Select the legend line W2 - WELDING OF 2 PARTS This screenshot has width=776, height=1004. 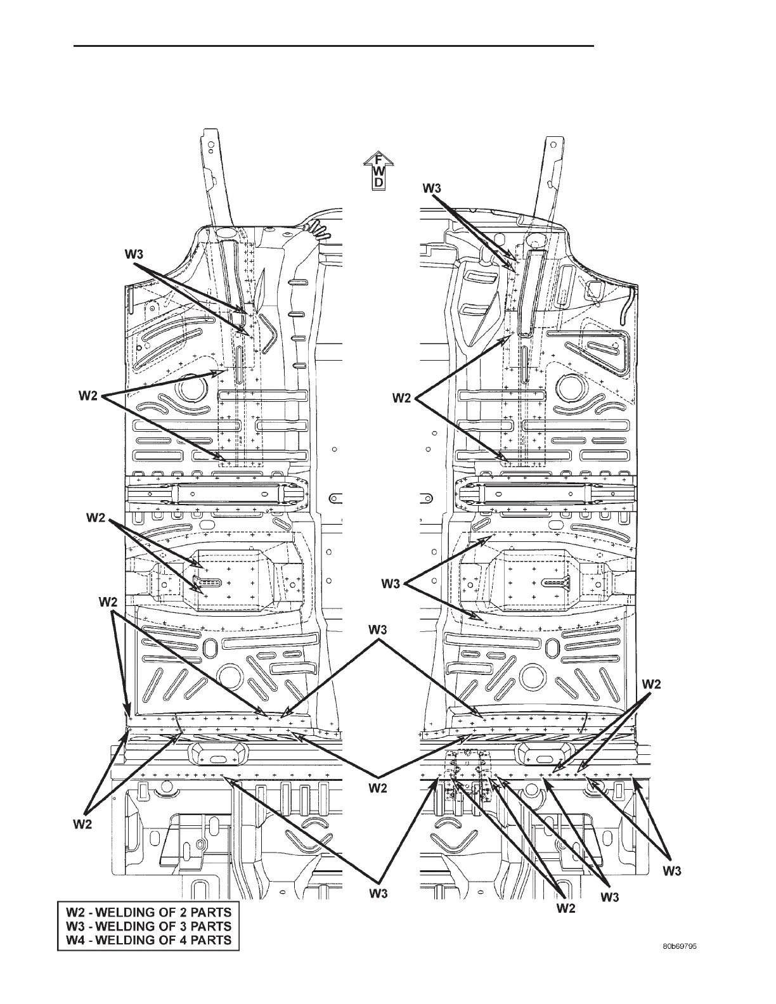point(148,913)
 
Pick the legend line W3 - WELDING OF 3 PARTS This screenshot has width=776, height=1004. point(148,927)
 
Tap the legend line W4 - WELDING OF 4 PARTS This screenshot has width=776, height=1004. point(148,940)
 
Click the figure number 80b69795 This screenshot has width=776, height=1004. point(680,946)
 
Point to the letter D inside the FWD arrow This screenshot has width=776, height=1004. point(377,183)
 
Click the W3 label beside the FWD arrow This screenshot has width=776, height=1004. point(432,188)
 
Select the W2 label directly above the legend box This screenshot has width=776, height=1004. point(82,825)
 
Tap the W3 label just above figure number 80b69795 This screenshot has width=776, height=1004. point(673,872)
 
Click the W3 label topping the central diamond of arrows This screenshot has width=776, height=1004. point(379,629)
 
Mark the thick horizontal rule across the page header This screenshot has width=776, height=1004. point(334,46)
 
